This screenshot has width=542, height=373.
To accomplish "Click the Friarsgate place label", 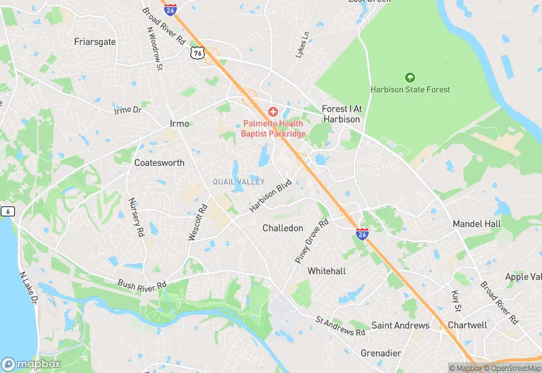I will click(95, 42).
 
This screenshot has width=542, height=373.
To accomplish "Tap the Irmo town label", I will click(180, 124).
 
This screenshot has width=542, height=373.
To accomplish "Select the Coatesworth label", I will click(159, 162).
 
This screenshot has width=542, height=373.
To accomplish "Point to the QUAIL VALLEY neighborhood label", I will click(238, 182).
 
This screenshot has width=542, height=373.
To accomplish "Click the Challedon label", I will click(282, 228).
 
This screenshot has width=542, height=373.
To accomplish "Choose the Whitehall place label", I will click(327, 271).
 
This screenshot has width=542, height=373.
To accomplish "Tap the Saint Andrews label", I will click(401, 325).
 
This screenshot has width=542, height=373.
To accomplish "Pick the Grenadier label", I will click(381, 353).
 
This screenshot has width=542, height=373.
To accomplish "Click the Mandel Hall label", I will click(477, 224).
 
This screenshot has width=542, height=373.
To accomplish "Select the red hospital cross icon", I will click(273, 112).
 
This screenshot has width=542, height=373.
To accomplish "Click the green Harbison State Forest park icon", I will click(410, 77).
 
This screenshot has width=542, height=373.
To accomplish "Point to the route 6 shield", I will click(7, 211).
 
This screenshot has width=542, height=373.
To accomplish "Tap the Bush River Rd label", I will click(142, 284).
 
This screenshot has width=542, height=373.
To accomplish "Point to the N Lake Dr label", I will click(28, 287).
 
